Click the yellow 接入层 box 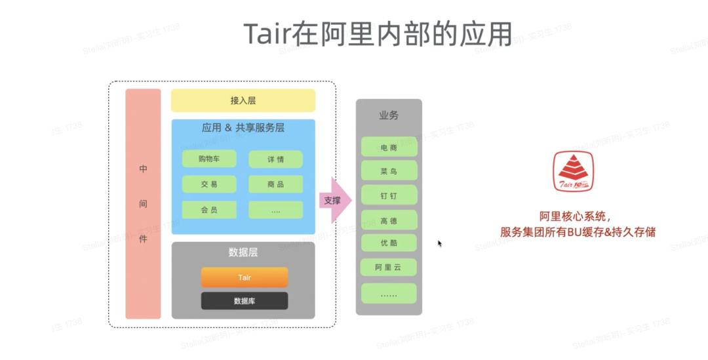click(243, 100)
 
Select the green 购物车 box click(209, 159)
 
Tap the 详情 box click(275, 159)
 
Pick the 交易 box click(209, 184)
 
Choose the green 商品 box click(275, 184)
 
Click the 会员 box click(209, 210)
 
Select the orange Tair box click(244, 277)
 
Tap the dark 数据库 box click(244, 301)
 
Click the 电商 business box click(389, 147)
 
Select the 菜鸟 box click(389, 171)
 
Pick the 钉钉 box click(389, 195)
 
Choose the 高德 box click(389, 220)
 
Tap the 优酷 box click(389, 243)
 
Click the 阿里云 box click(389, 268)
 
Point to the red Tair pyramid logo click(572, 172)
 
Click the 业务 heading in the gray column click(389, 115)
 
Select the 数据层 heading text click(243, 252)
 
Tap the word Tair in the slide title click(267, 34)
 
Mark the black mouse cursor click(440, 243)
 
